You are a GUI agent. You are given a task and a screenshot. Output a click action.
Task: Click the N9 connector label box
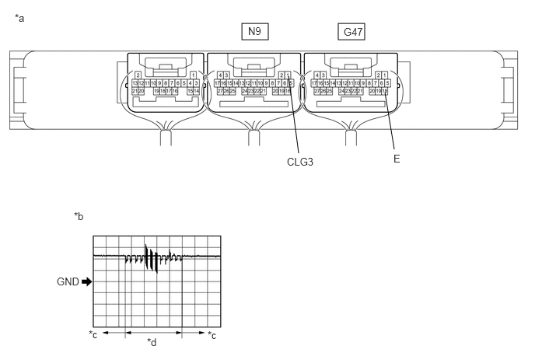click(254, 31)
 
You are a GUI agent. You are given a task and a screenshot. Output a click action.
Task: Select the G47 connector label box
click(351, 32)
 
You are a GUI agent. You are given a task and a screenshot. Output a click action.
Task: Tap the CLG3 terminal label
click(299, 162)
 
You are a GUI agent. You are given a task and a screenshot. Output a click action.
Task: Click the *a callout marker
click(19, 17)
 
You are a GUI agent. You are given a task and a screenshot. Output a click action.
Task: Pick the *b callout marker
click(79, 216)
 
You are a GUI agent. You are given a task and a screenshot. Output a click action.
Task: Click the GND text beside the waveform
click(68, 281)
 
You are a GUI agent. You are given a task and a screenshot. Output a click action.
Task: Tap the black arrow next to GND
click(86, 281)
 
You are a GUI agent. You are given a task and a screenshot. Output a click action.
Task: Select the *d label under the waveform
click(152, 341)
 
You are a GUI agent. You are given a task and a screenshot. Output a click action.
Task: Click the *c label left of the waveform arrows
click(93, 335)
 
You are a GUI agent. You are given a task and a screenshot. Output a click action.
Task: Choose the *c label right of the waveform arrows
click(212, 335)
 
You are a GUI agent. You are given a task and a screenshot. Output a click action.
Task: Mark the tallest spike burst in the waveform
click(146, 257)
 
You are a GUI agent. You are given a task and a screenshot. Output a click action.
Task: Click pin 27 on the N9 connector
click(220, 92)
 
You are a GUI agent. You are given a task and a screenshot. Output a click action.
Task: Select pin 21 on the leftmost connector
click(135, 92)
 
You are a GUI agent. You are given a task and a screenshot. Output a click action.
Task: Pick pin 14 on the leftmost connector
click(196, 92)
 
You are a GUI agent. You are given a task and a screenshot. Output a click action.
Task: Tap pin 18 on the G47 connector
click(385, 92)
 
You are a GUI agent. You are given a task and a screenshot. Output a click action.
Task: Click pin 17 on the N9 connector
click(218, 83)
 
